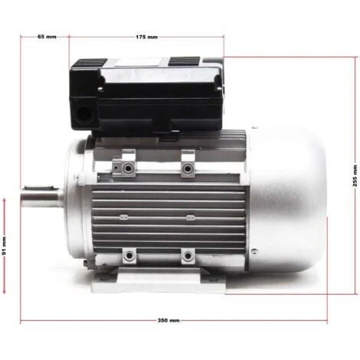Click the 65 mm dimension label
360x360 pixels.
(47, 36)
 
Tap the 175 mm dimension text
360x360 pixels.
(146, 36)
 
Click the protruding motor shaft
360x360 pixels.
(41, 198)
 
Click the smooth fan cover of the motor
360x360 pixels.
(287, 199)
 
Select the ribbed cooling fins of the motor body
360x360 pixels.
(169, 214)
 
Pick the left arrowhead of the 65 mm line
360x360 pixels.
(22, 36)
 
